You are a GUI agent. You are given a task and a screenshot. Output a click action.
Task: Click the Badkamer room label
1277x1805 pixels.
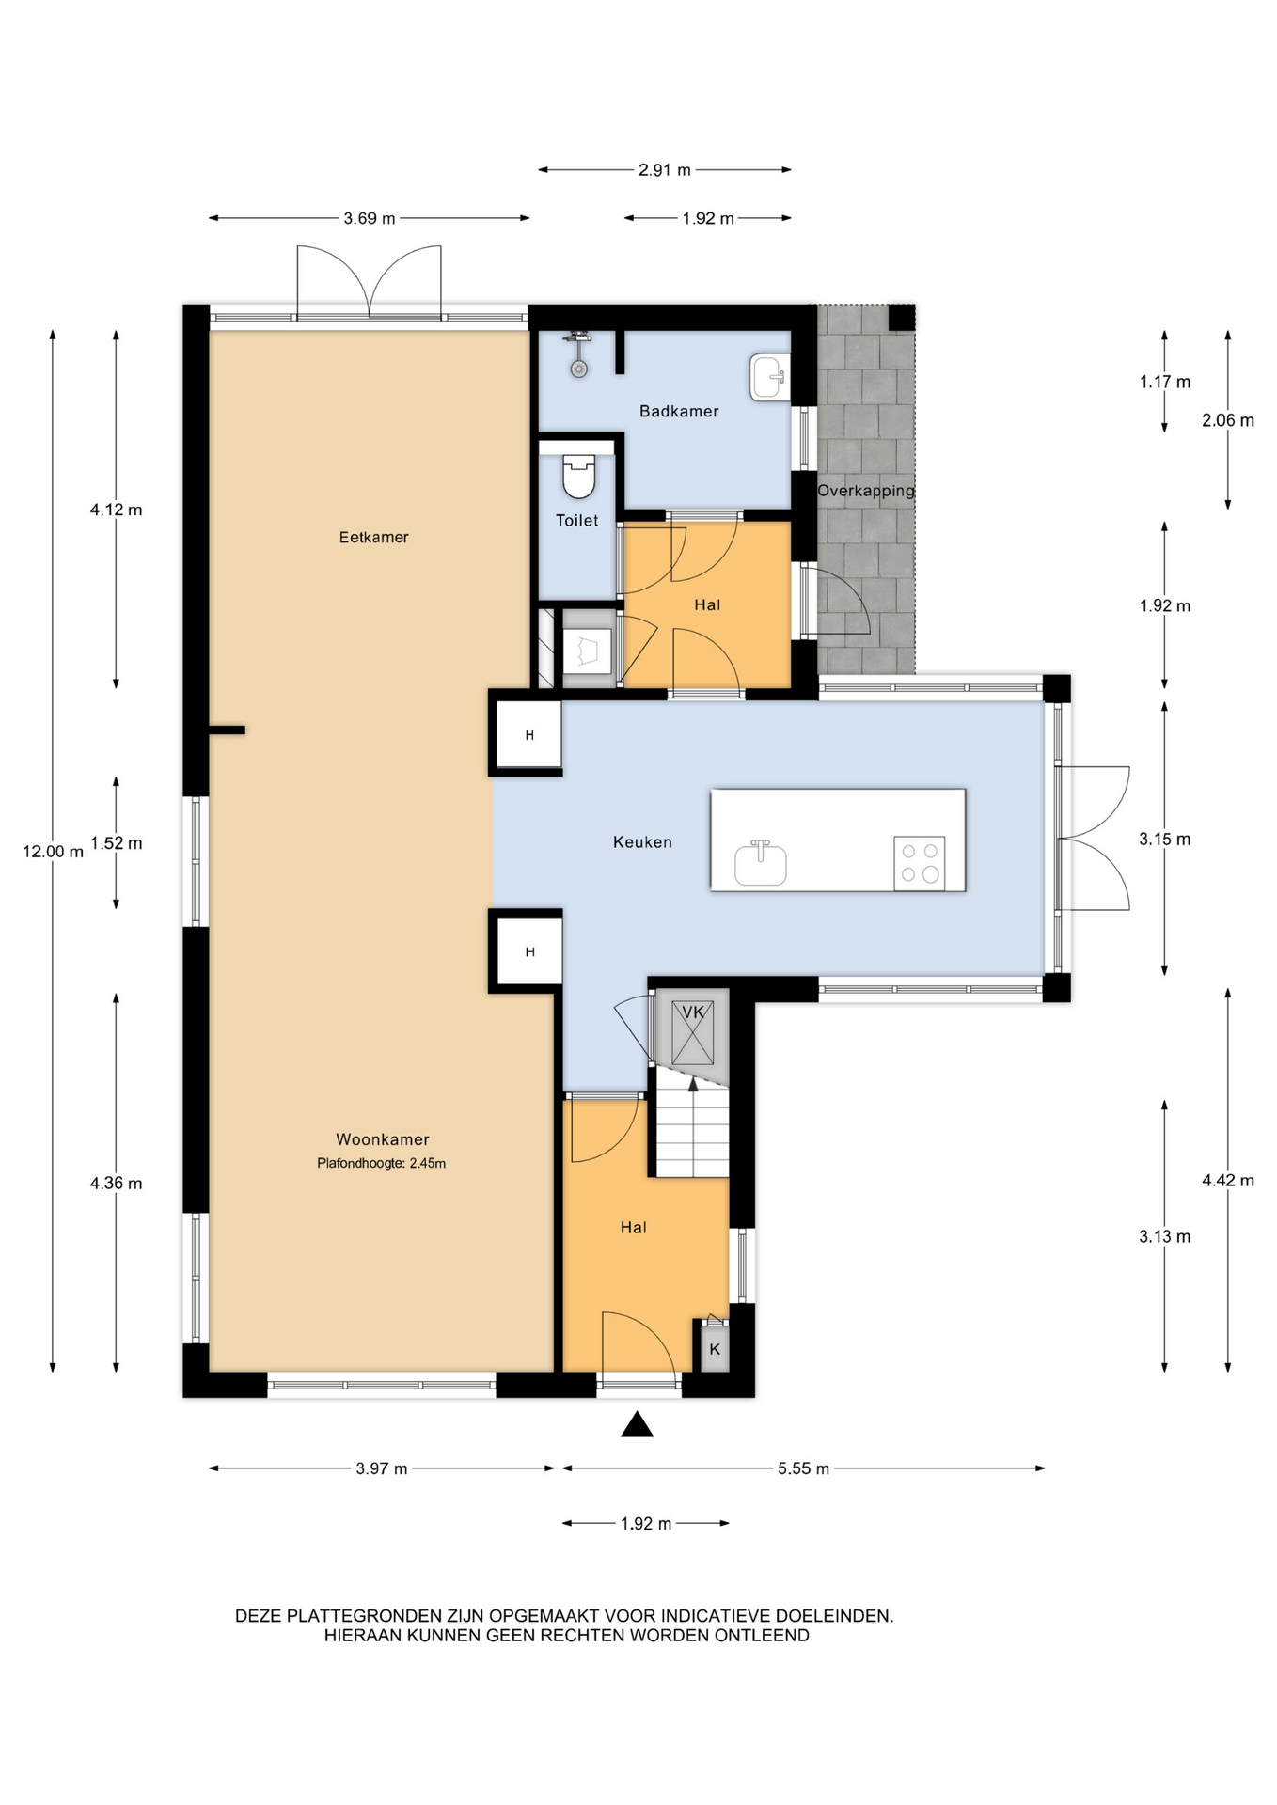click(x=678, y=411)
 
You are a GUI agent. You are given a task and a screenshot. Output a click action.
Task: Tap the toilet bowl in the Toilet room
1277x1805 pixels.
click(x=578, y=476)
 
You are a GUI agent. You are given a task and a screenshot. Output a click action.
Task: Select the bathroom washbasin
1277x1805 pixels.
click(x=769, y=377)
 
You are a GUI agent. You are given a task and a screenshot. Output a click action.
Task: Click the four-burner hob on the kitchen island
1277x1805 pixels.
click(x=919, y=863)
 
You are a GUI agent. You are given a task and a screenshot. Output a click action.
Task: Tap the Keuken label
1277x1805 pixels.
click(x=642, y=842)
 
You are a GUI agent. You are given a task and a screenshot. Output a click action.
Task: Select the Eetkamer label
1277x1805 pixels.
click(x=373, y=538)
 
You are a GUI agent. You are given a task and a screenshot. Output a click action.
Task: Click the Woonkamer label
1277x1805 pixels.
click(x=383, y=1139)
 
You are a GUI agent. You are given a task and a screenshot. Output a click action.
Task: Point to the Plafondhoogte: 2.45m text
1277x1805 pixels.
click(x=381, y=1163)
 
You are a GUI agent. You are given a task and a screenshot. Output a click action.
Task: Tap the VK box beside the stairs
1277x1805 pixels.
click(x=693, y=1032)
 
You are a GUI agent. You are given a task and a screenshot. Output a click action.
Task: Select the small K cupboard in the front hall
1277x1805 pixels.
click(x=715, y=1348)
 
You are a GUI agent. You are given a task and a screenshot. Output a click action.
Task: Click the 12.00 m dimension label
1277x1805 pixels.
click(x=54, y=852)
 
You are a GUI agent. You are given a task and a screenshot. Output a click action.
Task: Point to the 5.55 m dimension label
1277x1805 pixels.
click(x=803, y=1468)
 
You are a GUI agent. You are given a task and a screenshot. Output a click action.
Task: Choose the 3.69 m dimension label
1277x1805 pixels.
click(x=370, y=219)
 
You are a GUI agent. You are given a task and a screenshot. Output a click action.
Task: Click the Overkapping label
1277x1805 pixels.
click(x=866, y=491)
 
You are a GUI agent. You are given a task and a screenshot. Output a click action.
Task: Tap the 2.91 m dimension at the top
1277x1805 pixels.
click(x=664, y=170)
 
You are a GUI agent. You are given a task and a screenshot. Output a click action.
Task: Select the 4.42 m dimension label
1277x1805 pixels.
click(x=1228, y=1181)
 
